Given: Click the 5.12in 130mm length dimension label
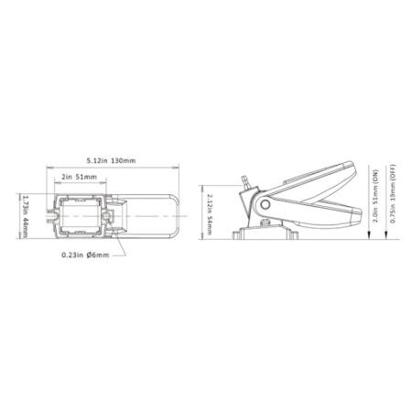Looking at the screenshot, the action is pos(111,160).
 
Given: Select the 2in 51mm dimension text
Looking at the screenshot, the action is pos(79,177).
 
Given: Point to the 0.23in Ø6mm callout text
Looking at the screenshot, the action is pos(85,255).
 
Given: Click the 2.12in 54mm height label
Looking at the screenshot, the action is pos(210,214).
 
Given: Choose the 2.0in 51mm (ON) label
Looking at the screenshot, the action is pos(375,195).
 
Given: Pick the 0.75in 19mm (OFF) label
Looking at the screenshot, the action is pos(393,194).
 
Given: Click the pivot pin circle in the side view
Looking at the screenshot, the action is pos(266,204).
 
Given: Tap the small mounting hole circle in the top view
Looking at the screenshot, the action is pos(106,216).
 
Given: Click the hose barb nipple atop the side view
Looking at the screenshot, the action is pos(245,181).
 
